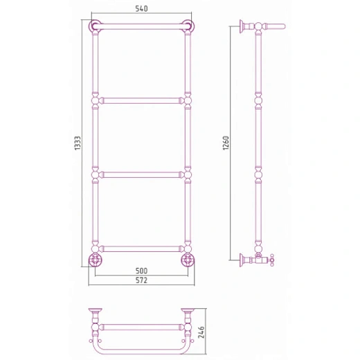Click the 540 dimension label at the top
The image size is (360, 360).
pyautogui.click(x=141, y=9)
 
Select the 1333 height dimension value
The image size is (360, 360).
pyautogui.click(x=78, y=143)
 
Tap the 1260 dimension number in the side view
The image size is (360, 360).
pyautogui.click(x=226, y=143)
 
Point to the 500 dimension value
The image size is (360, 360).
pyautogui.click(x=141, y=271)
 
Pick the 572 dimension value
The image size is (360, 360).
pyautogui.click(x=141, y=280)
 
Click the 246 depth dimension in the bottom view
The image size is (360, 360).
pyautogui.click(x=201, y=332)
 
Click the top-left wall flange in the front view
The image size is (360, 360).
pyautogui.click(x=95, y=26)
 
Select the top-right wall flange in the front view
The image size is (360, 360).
pyautogui.click(x=188, y=26)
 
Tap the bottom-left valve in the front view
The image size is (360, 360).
pyautogui.click(x=95, y=260)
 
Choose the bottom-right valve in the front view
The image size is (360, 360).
pyautogui.click(x=188, y=260)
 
